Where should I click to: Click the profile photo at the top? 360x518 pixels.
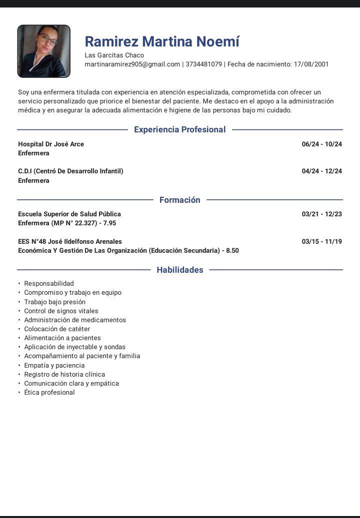(x=43, y=51)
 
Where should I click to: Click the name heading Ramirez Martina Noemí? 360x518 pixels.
(x=162, y=41)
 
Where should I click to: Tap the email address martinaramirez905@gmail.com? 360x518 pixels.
(x=132, y=64)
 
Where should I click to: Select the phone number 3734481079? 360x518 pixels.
(x=203, y=64)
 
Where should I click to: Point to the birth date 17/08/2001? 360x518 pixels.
(x=311, y=64)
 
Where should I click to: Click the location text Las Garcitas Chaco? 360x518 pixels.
(x=114, y=55)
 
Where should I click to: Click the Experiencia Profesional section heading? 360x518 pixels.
(x=180, y=130)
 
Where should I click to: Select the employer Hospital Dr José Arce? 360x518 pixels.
(x=51, y=144)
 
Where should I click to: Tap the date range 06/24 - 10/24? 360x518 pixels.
(x=322, y=144)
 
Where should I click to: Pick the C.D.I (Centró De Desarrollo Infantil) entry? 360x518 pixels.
(x=70, y=171)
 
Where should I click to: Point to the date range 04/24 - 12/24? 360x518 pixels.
(x=322, y=171)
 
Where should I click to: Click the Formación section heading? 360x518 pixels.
(x=180, y=200)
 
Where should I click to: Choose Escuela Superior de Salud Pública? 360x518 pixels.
(x=69, y=214)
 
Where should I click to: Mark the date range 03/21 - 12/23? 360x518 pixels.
(x=322, y=214)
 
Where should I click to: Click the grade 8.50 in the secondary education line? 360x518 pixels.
(x=232, y=251)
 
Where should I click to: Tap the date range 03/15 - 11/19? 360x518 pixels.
(x=322, y=242)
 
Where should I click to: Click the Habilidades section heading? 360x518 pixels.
(x=180, y=270)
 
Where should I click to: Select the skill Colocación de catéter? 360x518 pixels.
(x=57, y=329)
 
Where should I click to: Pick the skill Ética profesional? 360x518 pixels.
(x=49, y=393)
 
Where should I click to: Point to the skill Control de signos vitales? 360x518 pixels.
(x=61, y=311)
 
